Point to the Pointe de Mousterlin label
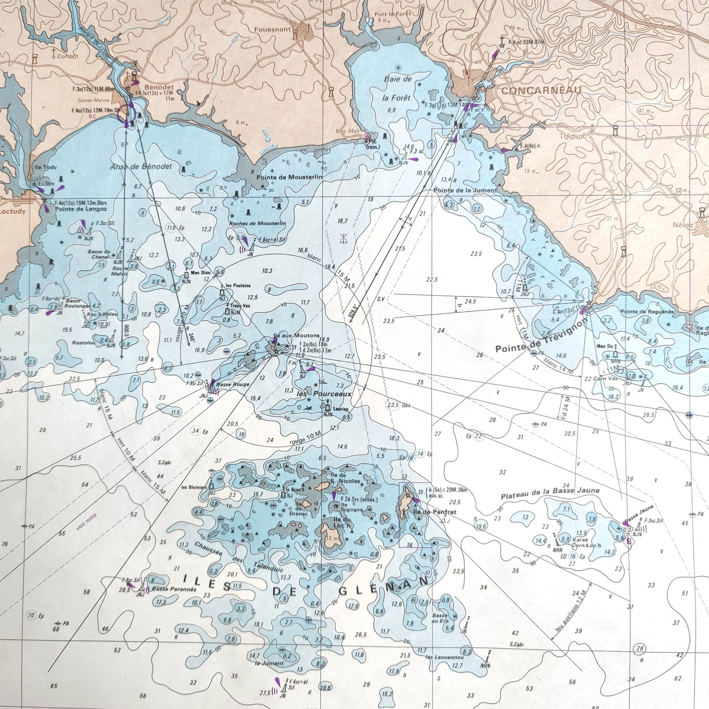[289, 177]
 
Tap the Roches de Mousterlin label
[257, 223]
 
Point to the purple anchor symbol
[343, 238]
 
